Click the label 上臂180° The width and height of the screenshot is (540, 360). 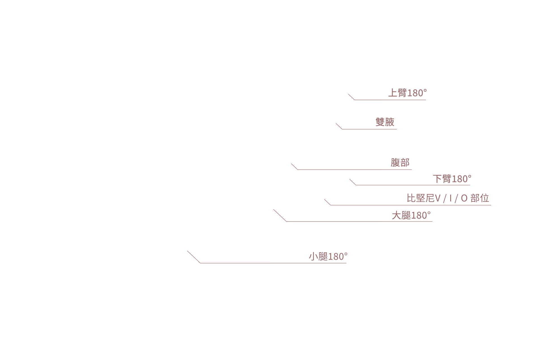click(408, 93)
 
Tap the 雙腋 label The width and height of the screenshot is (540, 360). click(385, 122)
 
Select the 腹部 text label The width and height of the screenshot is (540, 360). click(400, 162)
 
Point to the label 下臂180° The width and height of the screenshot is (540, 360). click(452, 179)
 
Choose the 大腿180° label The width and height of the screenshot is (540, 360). click(411, 215)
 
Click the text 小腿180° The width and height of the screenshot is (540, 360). click(328, 256)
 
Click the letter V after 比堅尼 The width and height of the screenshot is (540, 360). click(438, 198)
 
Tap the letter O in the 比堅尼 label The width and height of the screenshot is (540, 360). click(464, 198)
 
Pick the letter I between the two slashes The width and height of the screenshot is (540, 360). click(451, 198)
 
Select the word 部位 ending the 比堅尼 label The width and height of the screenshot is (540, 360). click(480, 198)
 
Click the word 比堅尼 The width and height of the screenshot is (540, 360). click(421, 198)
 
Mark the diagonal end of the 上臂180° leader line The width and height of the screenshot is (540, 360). click(348, 94)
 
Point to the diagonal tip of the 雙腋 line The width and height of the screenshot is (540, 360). click(336, 123)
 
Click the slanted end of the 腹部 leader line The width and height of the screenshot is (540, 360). click(291, 163)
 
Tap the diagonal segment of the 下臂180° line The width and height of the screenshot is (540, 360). click(353, 182)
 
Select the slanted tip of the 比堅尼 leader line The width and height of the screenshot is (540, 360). click(324, 199)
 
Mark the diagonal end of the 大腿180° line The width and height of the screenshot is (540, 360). click(273, 209)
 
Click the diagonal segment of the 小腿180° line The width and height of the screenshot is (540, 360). click(194, 257)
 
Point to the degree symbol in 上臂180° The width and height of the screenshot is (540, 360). click(425, 90)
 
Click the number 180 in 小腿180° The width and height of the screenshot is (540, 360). click(336, 257)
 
